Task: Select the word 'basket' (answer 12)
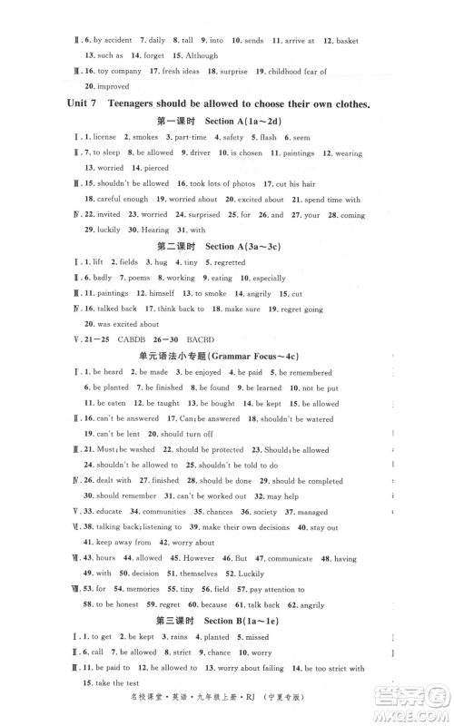click(x=346, y=40)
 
